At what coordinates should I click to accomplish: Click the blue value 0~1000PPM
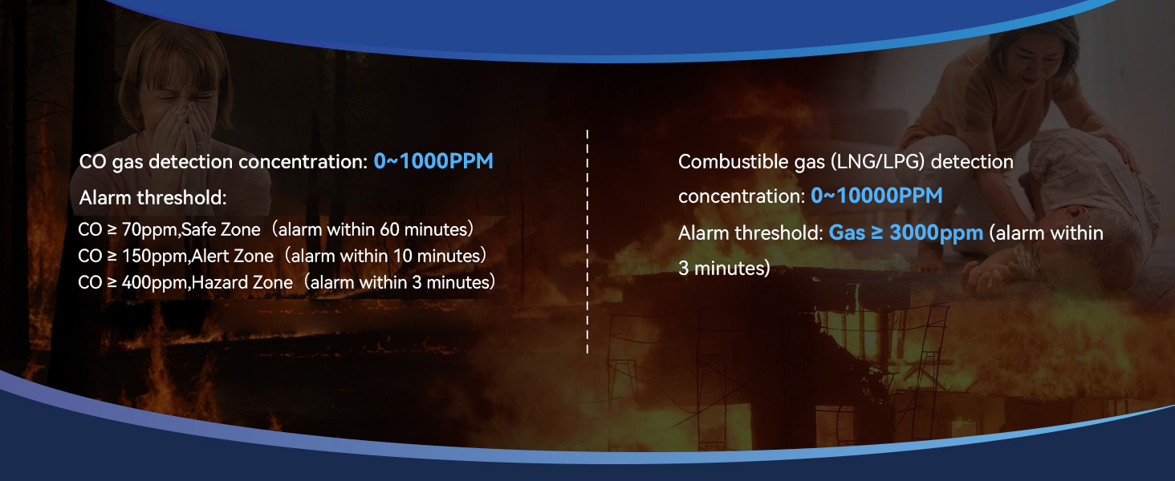click(433, 161)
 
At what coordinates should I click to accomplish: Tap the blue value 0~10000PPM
click(876, 196)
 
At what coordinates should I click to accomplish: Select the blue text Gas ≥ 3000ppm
click(906, 233)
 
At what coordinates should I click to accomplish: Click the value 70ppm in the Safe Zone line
click(149, 230)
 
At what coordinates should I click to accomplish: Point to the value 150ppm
click(154, 257)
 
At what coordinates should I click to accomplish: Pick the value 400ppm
click(154, 283)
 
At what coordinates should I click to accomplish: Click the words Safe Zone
click(221, 230)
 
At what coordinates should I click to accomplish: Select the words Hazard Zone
click(241, 283)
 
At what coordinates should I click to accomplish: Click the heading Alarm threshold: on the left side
click(153, 197)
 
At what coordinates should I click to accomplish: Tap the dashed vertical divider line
click(587, 240)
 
